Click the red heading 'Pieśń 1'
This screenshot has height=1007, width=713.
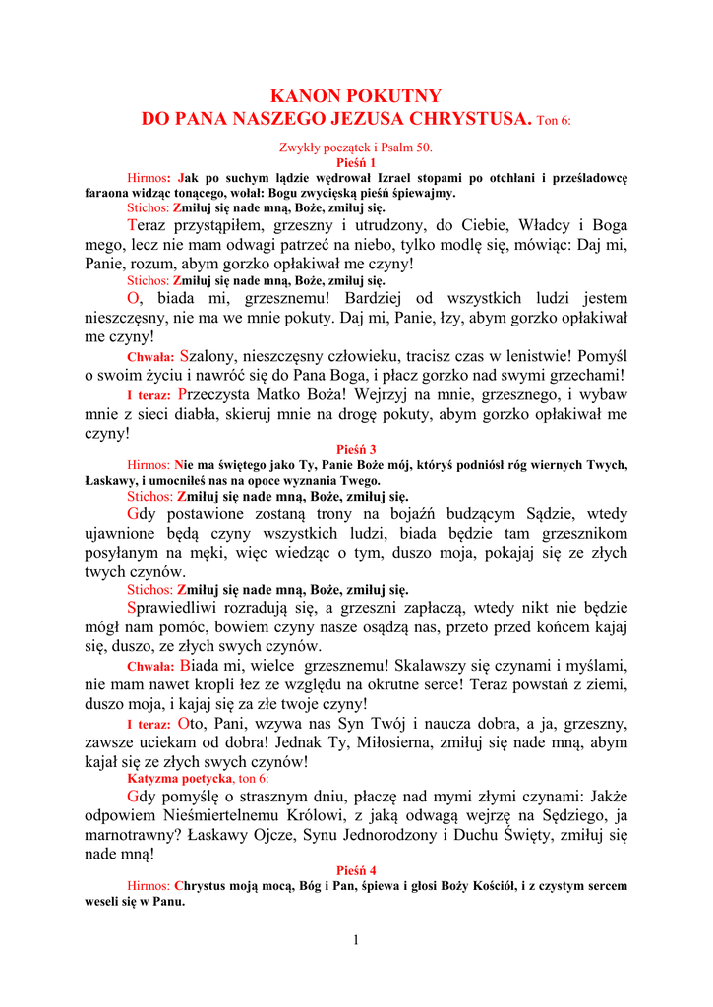[356, 162]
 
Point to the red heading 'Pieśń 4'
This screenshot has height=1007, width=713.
[356, 870]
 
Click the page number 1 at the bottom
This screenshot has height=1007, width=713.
[356, 941]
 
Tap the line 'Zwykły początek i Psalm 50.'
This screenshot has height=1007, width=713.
[356, 148]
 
